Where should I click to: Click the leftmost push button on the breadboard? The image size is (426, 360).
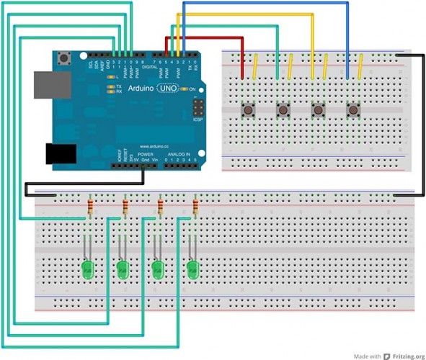(x=249, y=110)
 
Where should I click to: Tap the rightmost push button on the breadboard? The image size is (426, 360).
(x=353, y=110)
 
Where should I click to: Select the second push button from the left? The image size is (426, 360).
(x=283, y=110)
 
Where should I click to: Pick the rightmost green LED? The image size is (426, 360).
(x=192, y=271)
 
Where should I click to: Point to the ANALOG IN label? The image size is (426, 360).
(x=179, y=155)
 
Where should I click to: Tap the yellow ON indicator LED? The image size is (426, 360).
(x=182, y=89)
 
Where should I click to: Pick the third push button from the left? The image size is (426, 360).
(x=318, y=110)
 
